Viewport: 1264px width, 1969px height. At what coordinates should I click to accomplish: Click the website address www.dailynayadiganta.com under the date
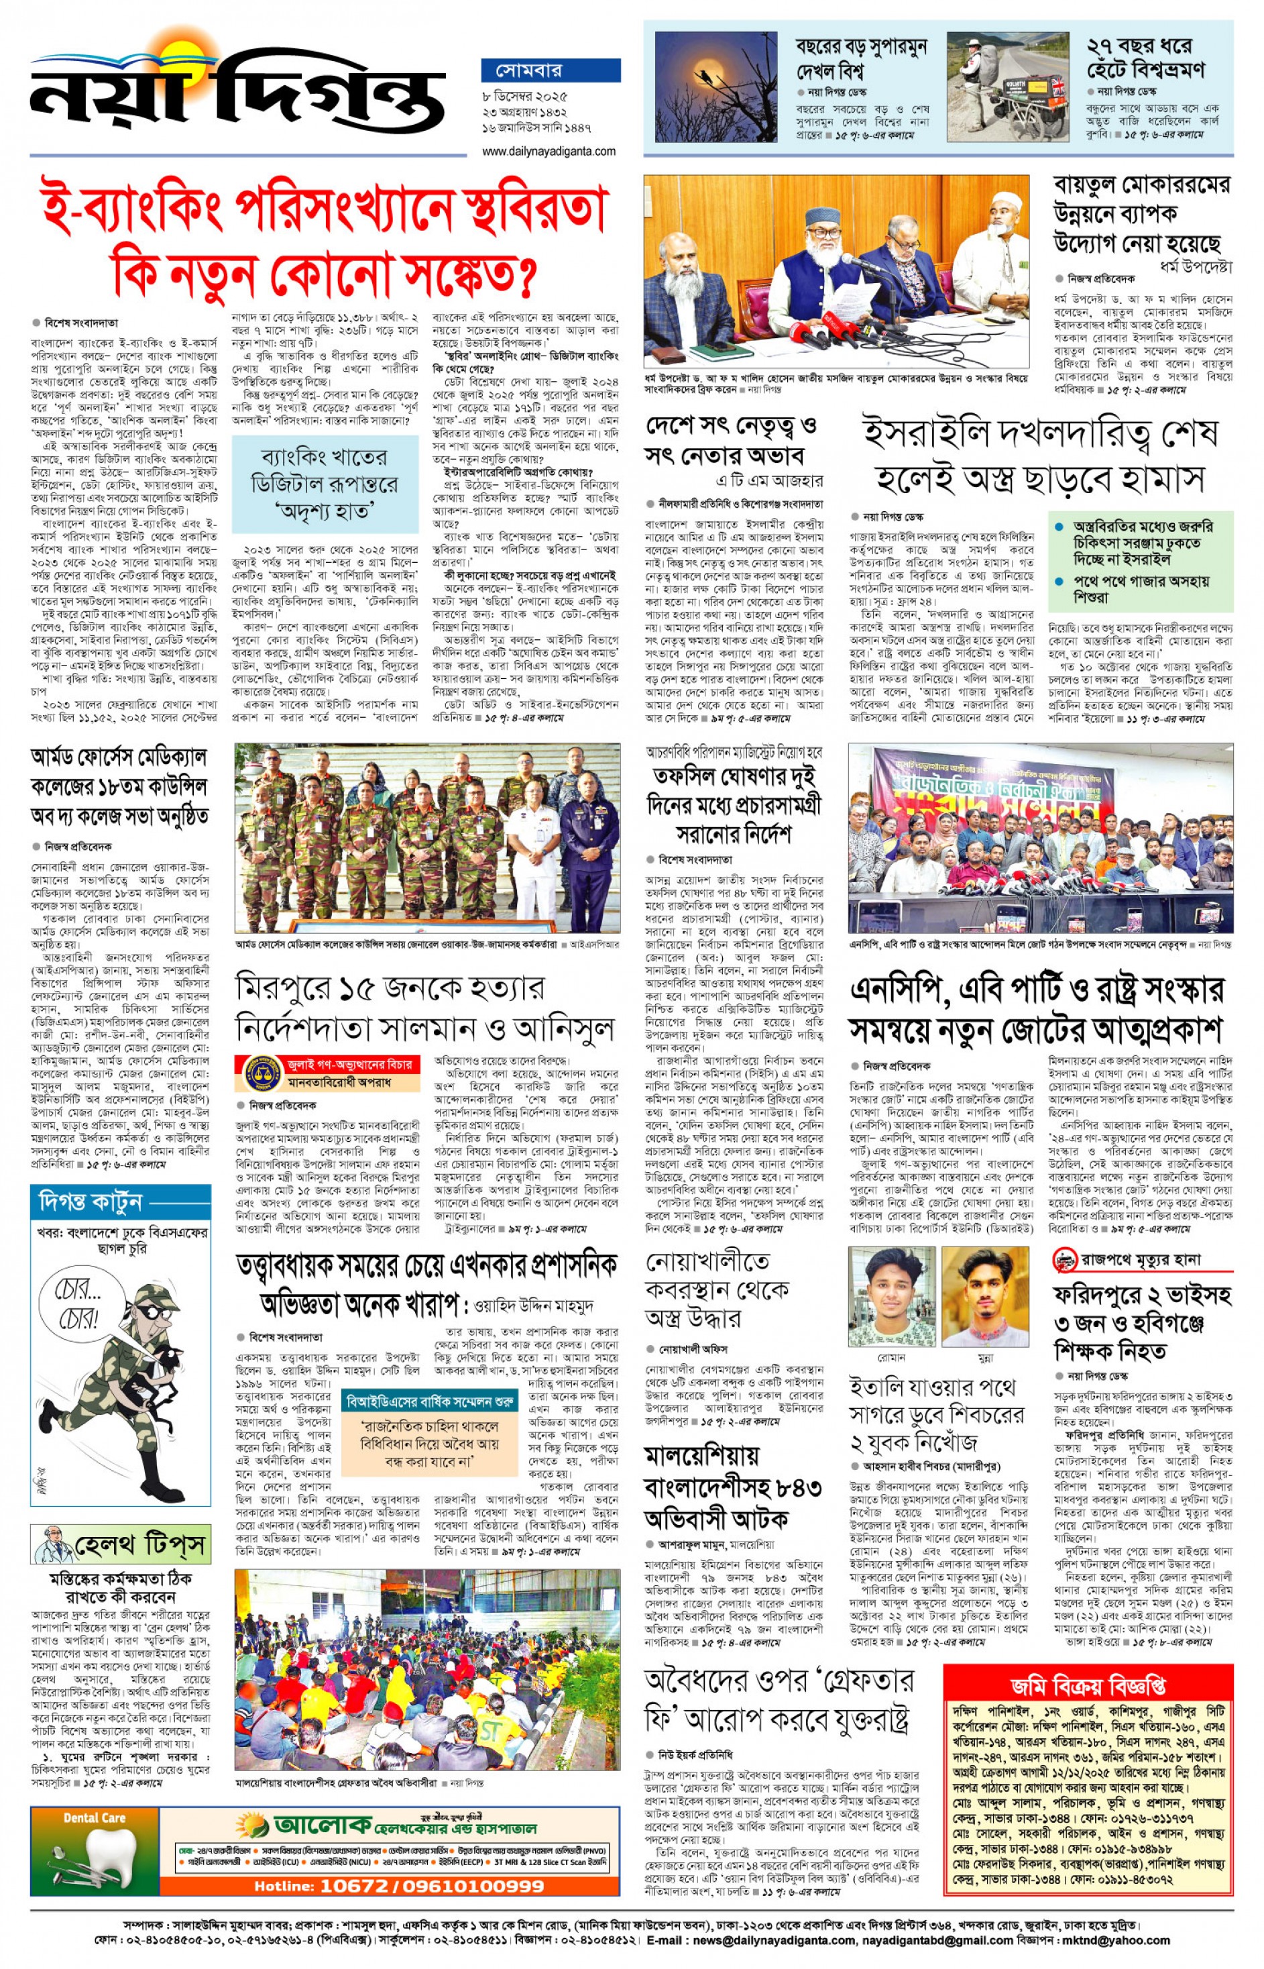click(x=549, y=151)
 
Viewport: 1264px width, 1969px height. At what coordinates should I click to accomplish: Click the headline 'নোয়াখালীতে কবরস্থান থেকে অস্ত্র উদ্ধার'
click(x=718, y=1289)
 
